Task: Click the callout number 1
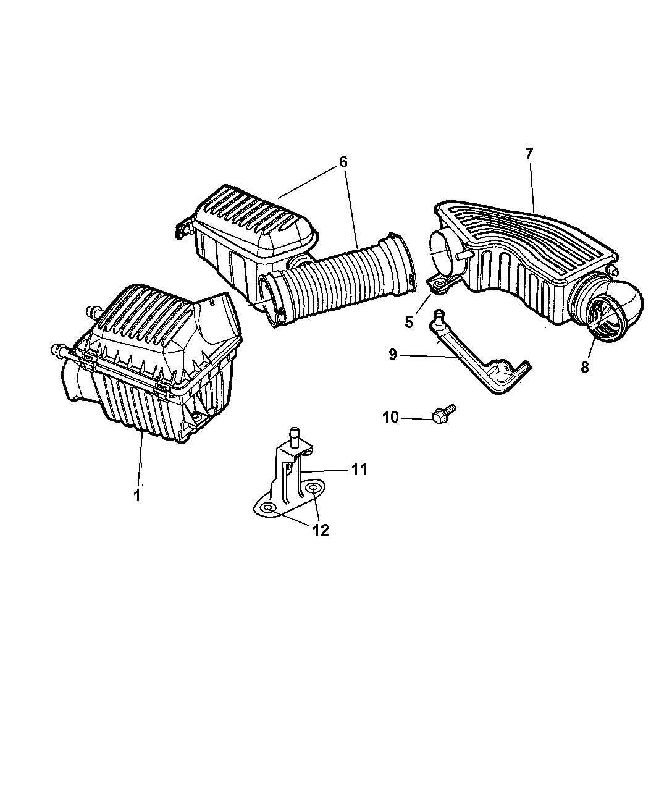click(x=137, y=495)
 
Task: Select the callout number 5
click(x=408, y=322)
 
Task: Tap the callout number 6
click(x=343, y=162)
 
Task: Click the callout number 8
click(x=585, y=366)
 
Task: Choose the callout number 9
click(x=393, y=355)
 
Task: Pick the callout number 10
click(x=390, y=418)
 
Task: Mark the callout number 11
click(x=359, y=470)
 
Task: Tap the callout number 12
click(x=321, y=530)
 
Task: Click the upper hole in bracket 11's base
click(x=314, y=489)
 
